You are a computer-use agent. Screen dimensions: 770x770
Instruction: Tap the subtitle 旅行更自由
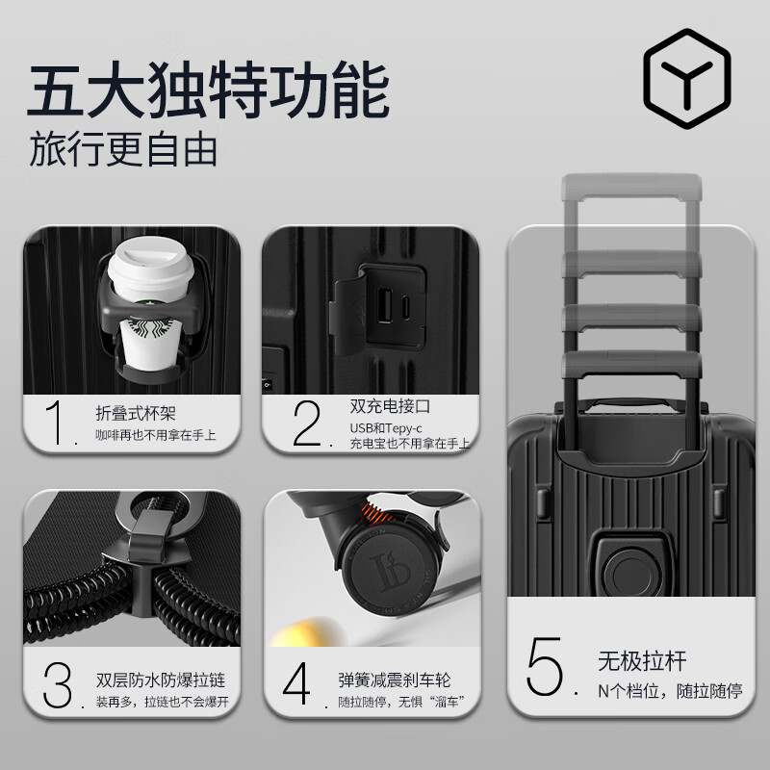point(122,149)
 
